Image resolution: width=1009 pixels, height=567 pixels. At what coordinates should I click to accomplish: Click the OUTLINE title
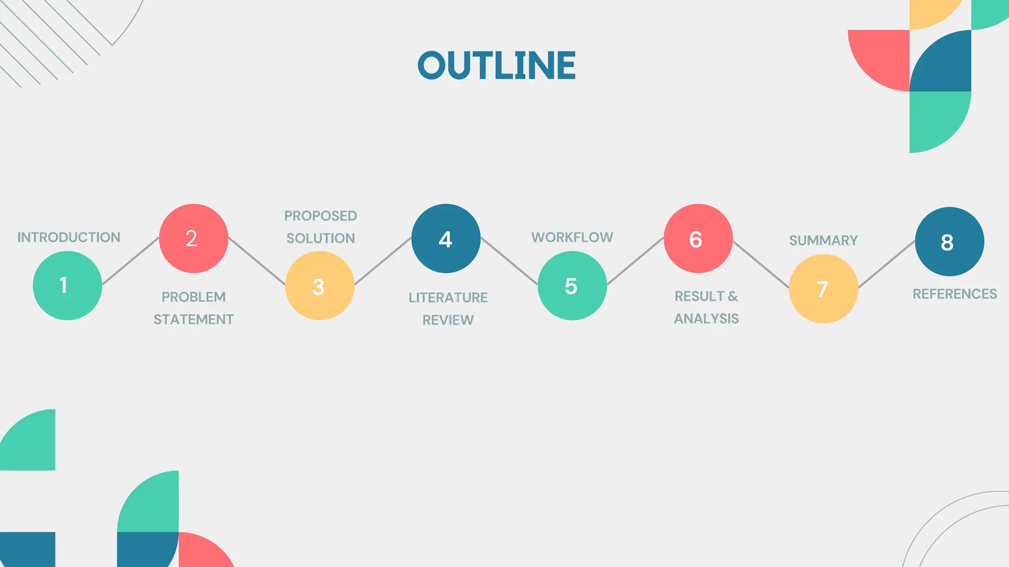tap(497, 65)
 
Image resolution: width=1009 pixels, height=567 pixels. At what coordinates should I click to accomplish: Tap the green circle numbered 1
tap(67, 285)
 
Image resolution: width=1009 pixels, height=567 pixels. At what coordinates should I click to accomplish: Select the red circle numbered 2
tap(194, 238)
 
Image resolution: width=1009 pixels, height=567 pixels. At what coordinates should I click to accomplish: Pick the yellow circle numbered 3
tap(320, 285)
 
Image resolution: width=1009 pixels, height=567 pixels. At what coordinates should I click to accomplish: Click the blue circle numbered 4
tap(446, 238)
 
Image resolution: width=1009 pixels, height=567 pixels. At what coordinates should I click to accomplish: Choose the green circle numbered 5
tap(572, 285)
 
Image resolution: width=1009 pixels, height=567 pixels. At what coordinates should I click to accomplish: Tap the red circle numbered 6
tap(698, 238)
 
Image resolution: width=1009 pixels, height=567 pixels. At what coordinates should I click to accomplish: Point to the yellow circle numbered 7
tap(823, 288)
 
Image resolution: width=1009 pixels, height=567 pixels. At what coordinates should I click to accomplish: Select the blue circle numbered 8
tap(949, 241)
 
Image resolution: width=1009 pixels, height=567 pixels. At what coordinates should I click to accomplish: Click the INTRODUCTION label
tap(69, 237)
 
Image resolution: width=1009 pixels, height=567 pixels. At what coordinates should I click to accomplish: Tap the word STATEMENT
tap(194, 320)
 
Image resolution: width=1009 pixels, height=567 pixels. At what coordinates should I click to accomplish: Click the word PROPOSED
tap(321, 216)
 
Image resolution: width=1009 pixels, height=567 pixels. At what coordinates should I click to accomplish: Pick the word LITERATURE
tap(448, 297)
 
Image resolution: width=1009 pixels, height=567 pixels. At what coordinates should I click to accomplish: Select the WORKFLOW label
tap(572, 237)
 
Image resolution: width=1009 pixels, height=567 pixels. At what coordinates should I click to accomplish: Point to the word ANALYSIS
tap(706, 319)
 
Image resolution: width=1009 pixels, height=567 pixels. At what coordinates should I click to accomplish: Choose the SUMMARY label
tap(823, 240)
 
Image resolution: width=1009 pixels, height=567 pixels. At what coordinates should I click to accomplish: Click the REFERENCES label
tap(955, 294)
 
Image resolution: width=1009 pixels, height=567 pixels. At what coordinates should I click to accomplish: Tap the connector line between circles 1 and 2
tap(131, 261)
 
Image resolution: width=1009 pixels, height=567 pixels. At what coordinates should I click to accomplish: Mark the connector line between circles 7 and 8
tap(887, 264)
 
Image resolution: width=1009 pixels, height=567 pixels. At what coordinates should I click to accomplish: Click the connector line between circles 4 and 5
tap(509, 261)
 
